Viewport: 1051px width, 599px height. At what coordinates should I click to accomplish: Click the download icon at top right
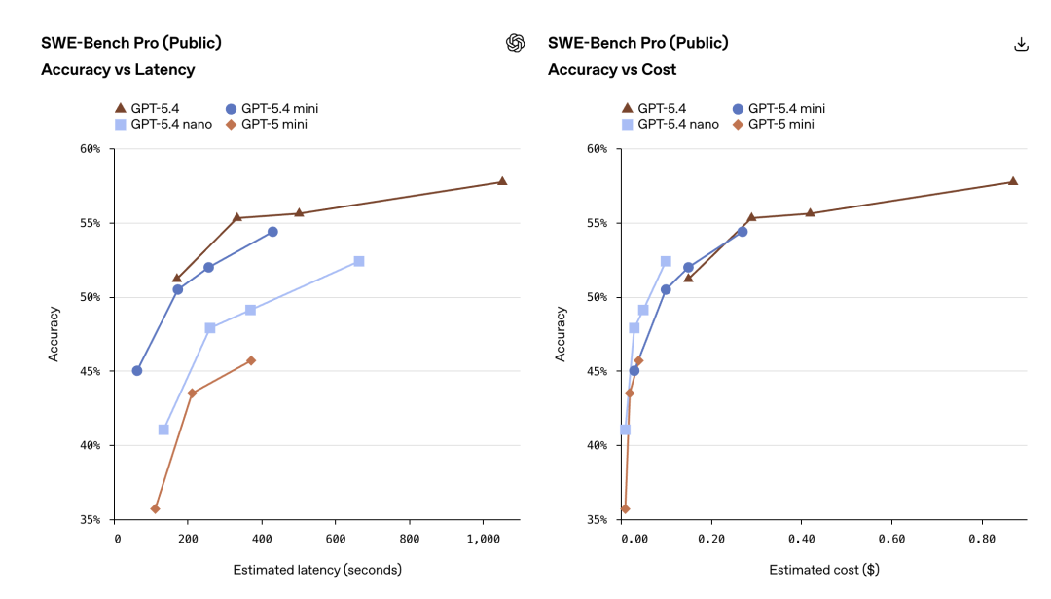(x=1021, y=44)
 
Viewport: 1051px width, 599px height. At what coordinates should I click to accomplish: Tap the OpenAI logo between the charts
(x=515, y=43)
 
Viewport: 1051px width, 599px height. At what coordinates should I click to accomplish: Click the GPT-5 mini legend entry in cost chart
(x=773, y=124)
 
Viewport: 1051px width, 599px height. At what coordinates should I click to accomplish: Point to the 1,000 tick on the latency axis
(x=483, y=539)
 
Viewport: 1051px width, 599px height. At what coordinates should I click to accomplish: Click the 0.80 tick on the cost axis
(x=981, y=539)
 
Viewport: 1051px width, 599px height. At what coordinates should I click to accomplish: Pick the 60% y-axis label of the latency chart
(x=91, y=149)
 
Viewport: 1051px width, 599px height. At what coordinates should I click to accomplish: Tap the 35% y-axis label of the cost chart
(x=598, y=519)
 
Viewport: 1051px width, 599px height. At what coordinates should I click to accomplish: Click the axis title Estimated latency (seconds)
(x=317, y=570)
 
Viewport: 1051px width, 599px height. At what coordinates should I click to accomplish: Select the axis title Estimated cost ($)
(x=823, y=570)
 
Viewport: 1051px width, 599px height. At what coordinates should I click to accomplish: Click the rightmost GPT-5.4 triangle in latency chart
(x=502, y=181)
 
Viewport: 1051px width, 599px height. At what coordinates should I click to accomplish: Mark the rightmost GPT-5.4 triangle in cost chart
(x=1012, y=181)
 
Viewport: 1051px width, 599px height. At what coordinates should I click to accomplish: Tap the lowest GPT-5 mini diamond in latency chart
(x=155, y=508)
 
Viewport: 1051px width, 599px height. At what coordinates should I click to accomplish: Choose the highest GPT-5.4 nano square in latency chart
(x=359, y=261)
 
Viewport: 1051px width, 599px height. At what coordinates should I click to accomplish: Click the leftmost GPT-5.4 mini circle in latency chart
(x=137, y=370)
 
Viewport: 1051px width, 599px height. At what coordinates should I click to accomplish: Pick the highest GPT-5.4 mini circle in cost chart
(x=742, y=232)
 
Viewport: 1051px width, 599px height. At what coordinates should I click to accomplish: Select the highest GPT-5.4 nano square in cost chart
(x=666, y=261)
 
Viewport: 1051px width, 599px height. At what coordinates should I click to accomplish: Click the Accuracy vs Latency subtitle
(x=118, y=69)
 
